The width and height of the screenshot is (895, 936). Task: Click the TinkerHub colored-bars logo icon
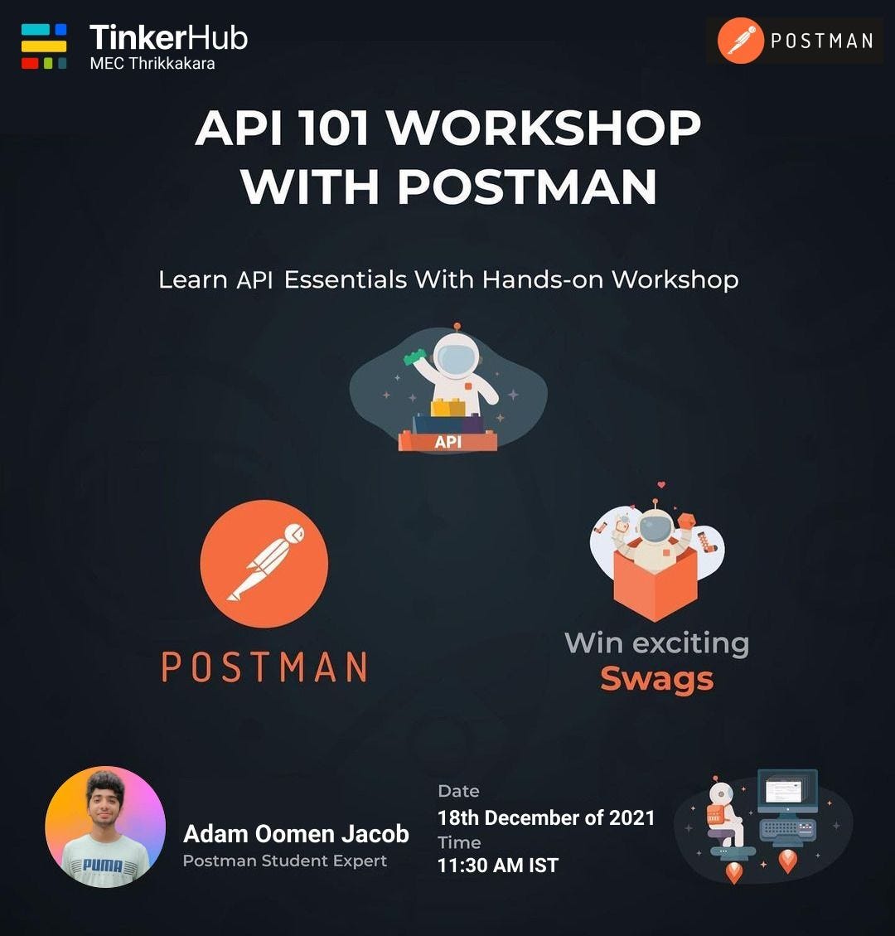pos(44,46)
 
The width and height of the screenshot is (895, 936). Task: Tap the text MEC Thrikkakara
pos(152,63)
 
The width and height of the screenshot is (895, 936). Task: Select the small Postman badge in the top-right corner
pos(794,41)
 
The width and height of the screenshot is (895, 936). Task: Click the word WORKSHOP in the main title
pos(544,128)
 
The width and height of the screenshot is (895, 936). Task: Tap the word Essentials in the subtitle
pos(346,279)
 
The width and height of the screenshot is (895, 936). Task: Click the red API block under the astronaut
pos(447,441)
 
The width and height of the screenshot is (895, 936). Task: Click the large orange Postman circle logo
pos(264,563)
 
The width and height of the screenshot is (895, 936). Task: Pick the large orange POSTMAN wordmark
pos(264,667)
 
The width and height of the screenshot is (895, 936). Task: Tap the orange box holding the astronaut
pos(655,580)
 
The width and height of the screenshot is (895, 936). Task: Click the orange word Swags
pos(656,679)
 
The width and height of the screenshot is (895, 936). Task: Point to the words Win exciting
pos(656,643)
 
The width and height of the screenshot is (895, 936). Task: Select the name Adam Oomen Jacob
pos(296,833)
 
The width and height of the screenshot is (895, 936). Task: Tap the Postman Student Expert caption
pos(284,861)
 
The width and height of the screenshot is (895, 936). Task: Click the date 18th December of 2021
pos(546,817)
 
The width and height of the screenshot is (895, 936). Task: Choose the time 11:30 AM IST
pos(498,866)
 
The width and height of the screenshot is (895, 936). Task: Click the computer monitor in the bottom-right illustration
pos(786,791)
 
